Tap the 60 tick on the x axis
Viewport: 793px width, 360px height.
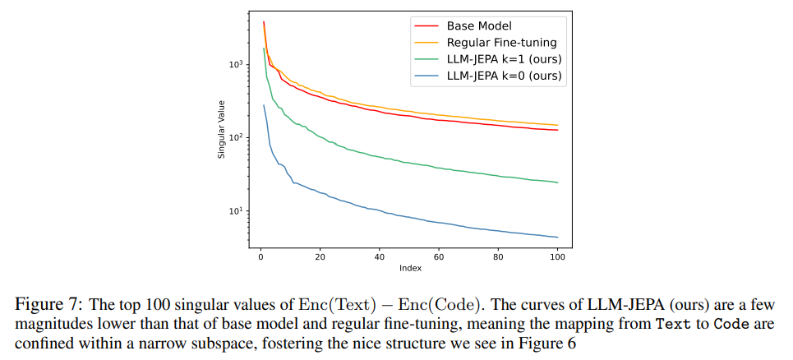(x=437, y=256)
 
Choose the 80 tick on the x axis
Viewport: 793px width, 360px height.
(x=498, y=256)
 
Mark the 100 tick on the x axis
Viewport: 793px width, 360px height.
(x=558, y=256)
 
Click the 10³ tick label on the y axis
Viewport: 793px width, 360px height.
(x=236, y=64)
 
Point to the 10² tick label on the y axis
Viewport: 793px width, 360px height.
(x=236, y=137)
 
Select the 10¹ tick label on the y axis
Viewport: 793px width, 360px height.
(x=236, y=210)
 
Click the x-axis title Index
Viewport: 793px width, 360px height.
(x=409, y=268)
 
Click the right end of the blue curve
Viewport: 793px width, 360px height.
(x=558, y=238)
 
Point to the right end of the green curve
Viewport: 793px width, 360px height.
(x=558, y=182)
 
